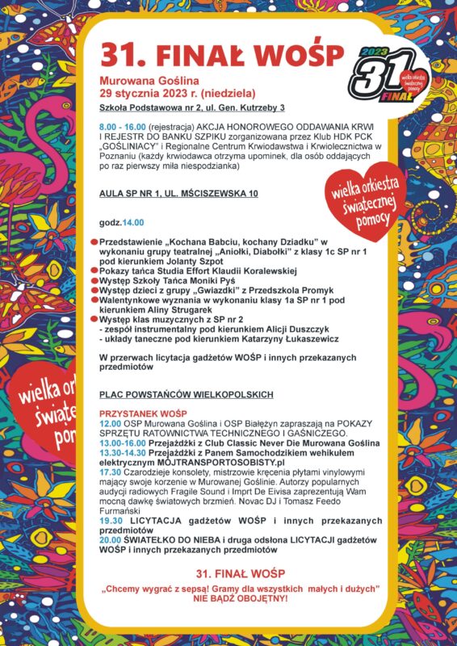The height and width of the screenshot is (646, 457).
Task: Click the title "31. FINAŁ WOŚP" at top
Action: point(222,53)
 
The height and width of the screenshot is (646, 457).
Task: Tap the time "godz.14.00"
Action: point(120,221)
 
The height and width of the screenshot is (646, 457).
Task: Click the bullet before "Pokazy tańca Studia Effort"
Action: point(94,271)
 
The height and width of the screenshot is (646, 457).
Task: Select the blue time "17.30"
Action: point(110,472)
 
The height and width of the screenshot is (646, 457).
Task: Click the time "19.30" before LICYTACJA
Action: point(110,521)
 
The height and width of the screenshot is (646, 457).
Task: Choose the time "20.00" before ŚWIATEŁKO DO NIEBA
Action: point(110,539)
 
